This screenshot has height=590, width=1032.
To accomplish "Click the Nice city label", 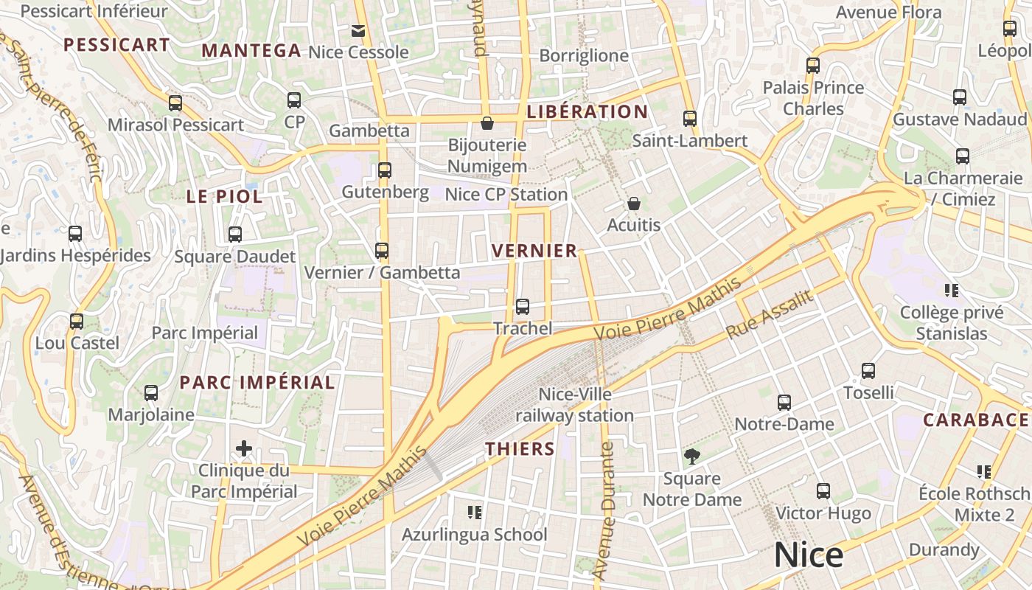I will (808, 555).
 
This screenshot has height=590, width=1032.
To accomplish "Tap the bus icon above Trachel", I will (523, 306).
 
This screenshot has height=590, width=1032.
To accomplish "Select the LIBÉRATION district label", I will (587, 112).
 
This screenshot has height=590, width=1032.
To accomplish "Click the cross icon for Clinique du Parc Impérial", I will (244, 448).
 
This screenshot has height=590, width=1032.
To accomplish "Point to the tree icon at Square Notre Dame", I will (691, 457).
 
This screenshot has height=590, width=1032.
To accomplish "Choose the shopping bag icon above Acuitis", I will (633, 204).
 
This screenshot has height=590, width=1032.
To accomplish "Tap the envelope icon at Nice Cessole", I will (358, 31).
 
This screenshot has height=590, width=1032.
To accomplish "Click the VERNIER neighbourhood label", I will (534, 251).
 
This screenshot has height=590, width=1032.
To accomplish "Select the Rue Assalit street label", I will (770, 314).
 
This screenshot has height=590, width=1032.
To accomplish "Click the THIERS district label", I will (520, 448).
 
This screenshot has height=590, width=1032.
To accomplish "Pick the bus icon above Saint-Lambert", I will (690, 119).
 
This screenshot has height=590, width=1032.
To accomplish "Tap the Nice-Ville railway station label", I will (574, 405).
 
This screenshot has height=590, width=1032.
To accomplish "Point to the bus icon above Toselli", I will (868, 371).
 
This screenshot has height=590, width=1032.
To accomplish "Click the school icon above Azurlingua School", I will (475, 512).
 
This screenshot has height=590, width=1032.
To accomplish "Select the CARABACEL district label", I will (976, 420).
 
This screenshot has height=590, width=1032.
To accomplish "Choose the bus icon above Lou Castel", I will (77, 322).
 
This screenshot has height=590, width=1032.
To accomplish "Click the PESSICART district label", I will (116, 45).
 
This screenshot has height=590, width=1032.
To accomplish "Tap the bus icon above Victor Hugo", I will (823, 491).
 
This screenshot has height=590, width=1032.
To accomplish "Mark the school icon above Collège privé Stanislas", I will (952, 291).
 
